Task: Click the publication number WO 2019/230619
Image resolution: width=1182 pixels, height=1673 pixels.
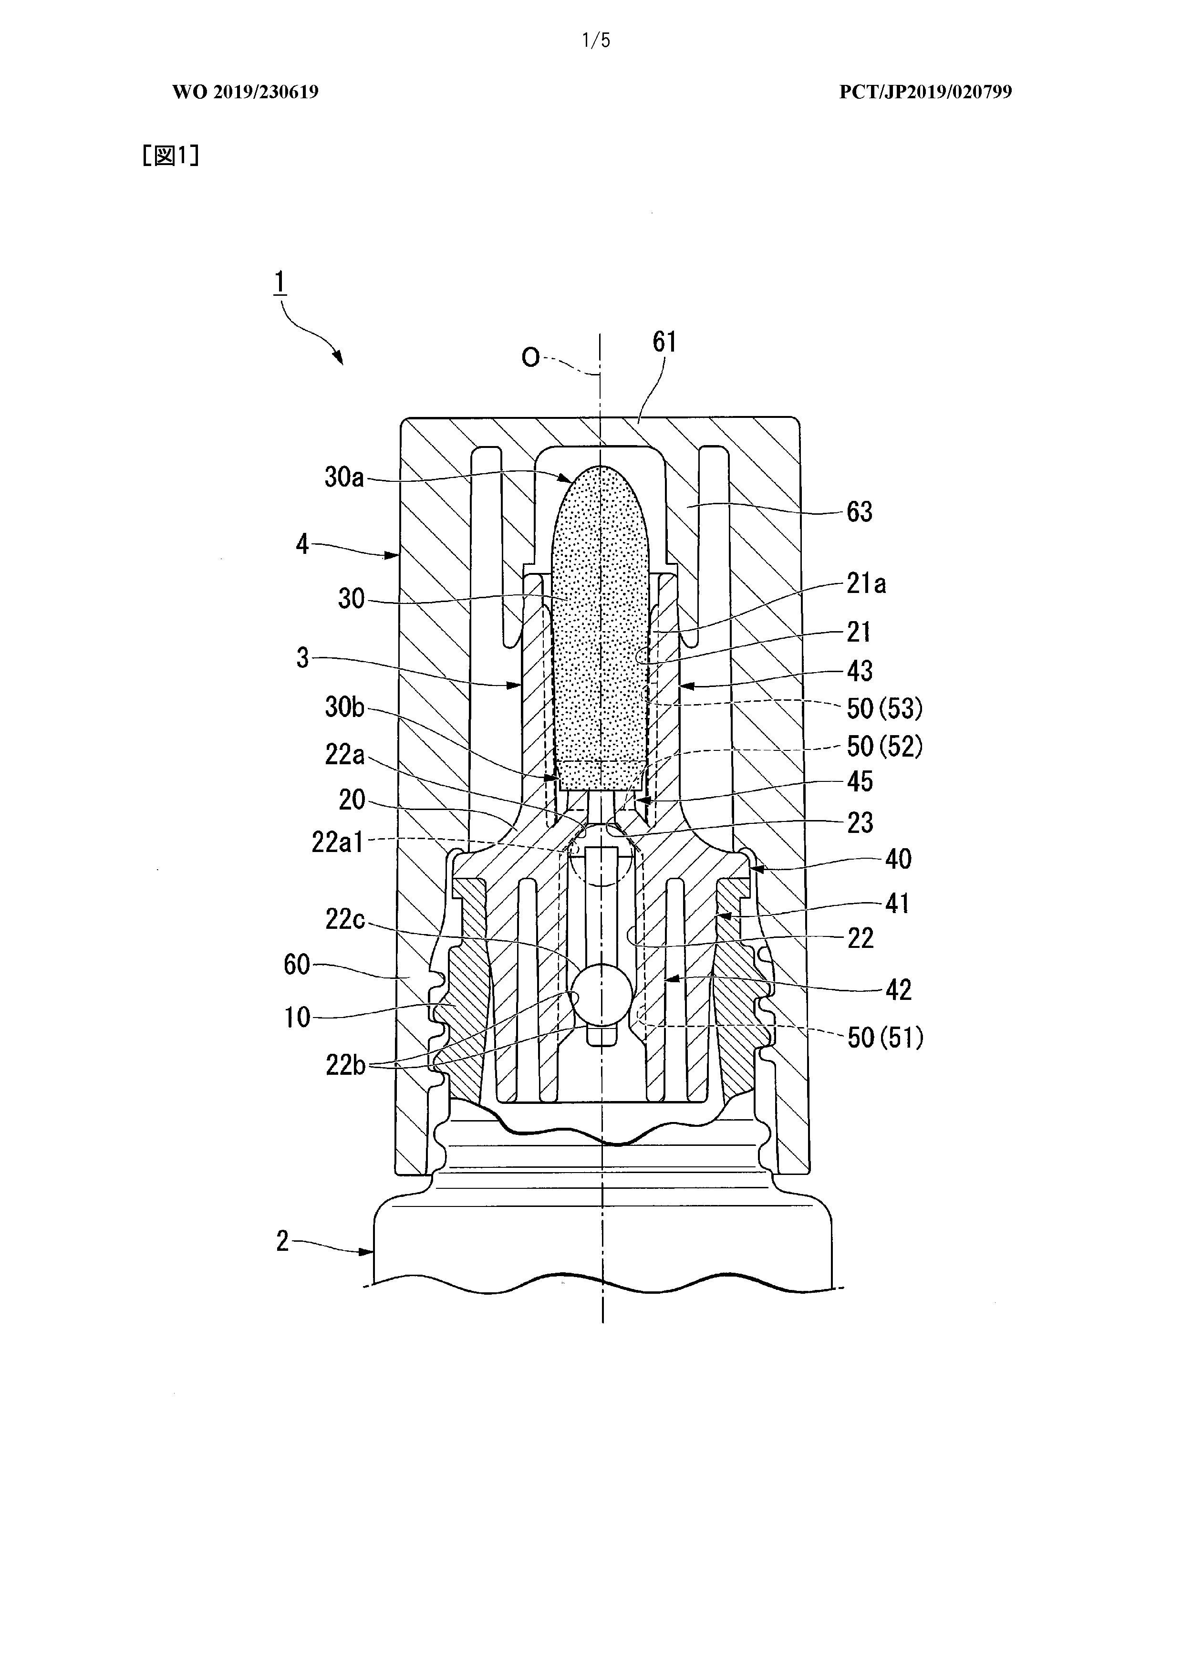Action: [246, 92]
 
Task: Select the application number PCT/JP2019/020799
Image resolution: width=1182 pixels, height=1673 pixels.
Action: [925, 92]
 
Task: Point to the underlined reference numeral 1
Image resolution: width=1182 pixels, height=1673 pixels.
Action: [280, 283]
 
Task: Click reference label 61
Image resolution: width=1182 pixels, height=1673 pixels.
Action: [664, 342]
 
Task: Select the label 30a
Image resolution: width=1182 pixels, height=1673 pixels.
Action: [344, 478]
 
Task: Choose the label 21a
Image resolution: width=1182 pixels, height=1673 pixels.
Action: [866, 583]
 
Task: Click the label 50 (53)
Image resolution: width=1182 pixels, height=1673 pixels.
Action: [885, 707]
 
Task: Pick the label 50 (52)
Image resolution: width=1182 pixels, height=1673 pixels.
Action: [885, 746]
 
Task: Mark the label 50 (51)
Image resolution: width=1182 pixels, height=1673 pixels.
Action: [885, 1038]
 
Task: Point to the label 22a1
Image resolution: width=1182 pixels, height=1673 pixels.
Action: [337, 842]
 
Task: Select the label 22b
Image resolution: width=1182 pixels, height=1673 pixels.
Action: [345, 1065]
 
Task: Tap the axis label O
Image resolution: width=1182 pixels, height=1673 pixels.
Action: [530, 357]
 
